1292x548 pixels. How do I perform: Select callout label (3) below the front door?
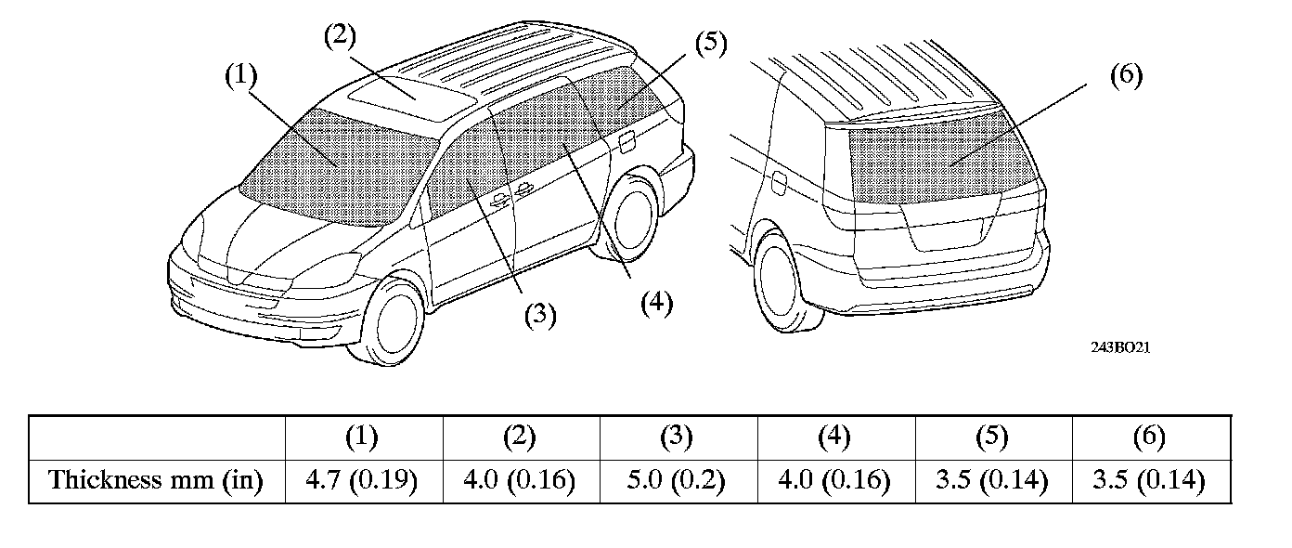coord(538,316)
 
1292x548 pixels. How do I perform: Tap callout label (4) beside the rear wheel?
coord(656,304)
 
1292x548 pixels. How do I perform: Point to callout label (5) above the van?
coord(710,44)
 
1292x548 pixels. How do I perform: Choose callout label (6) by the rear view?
coord(1125,76)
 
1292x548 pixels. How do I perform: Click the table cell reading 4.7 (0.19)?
coord(362,481)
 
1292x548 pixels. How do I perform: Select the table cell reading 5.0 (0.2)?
coord(678,481)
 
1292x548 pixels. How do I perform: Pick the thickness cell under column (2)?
coord(520,481)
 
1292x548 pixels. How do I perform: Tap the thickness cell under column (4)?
coord(835,481)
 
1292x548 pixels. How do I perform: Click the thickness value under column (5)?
coord(992,481)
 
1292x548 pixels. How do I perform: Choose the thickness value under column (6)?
coord(1150,481)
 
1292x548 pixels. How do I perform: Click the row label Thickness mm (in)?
coord(156,481)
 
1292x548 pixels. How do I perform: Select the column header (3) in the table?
coord(678,437)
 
